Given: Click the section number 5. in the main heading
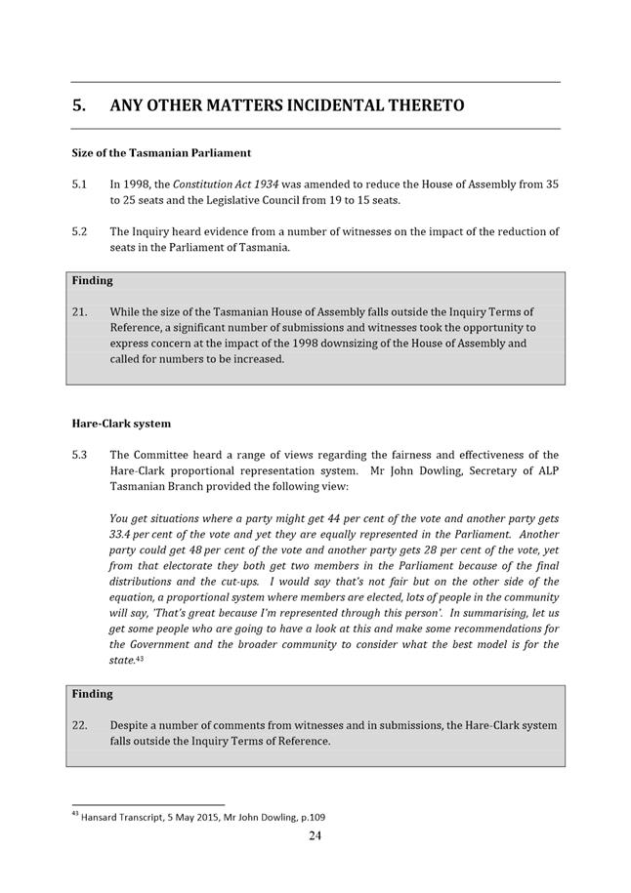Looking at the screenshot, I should [x=81, y=105].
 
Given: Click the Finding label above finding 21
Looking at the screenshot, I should [x=93, y=281].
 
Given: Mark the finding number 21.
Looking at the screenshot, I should [x=80, y=312].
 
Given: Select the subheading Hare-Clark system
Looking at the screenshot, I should [x=121, y=425].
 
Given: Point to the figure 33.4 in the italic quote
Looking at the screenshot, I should [x=122, y=535].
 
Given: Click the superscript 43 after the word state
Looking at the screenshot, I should [x=140, y=659].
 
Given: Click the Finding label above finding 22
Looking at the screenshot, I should [x=93, y=694].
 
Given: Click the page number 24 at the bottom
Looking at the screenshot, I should [x=315, y=835].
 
